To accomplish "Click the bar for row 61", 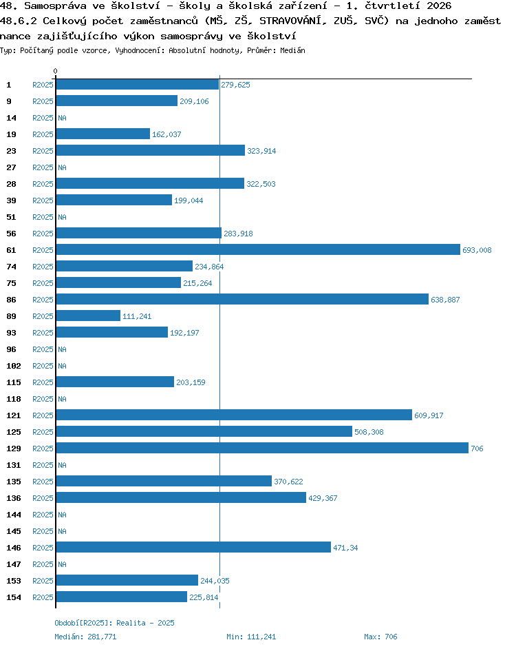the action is (258, 249).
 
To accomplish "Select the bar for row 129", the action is (262, 448).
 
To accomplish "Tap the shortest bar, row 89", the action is (88, 316).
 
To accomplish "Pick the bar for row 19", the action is (103, 134).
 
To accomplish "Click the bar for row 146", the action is (193, 547).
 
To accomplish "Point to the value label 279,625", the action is (235, 85).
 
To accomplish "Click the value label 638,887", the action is (445, 300).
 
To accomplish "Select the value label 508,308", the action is (369, 432).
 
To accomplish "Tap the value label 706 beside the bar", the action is (477, 449).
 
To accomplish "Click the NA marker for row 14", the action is (62, 118).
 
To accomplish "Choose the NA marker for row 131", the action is (62, 465).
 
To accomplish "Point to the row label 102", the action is (14, 366).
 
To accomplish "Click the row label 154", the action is (14, 597).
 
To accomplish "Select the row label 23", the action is (11, 151).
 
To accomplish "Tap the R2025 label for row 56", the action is (43, 234).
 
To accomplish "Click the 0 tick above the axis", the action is (56, 71).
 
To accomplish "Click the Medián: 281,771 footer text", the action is (85, 637).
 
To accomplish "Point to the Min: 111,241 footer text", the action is (251, 637).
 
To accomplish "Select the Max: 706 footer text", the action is (380, 637).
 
